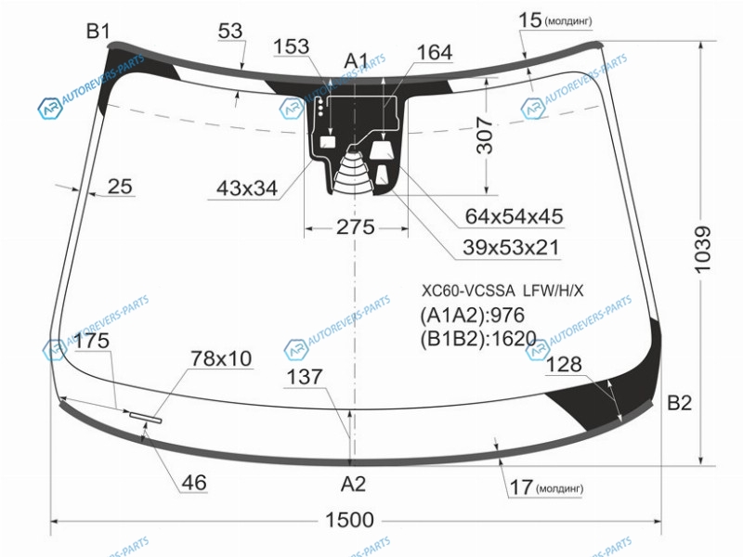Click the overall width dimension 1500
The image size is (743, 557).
(x=350, y=520)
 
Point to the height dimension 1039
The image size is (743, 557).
(x=703, y=250)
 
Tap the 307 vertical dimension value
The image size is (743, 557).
(x=485, y=136)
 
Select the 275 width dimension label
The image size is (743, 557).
(x=356, y=227)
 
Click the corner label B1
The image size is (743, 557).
(x=98, y=32)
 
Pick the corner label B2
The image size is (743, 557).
(x=679, y=403)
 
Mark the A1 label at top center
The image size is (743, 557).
(x=356, y=61)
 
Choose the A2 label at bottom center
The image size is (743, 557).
(x=354, y=484)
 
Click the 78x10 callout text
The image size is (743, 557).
(x=221, y=358)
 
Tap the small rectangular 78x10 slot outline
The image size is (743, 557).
(x=146, y=417)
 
